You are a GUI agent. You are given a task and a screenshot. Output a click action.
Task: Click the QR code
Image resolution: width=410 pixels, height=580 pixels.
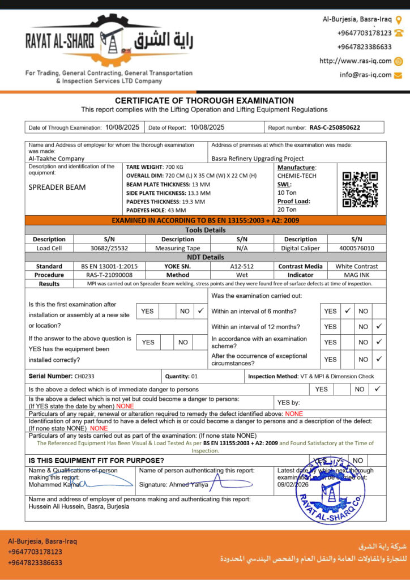360,189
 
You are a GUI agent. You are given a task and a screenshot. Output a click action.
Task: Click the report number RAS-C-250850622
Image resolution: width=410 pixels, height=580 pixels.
335,127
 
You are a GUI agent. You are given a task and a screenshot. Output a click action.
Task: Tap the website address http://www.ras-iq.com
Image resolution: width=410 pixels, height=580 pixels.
355,61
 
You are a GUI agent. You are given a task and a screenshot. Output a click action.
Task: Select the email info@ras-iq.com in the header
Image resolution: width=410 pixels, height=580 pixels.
365,75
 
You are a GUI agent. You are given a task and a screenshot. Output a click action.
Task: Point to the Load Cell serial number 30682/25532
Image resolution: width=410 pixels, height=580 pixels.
109,248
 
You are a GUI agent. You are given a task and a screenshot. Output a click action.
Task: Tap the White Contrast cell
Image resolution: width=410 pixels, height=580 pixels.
356,266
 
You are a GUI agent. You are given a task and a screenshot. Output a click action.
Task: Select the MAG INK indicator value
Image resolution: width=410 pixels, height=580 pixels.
356,275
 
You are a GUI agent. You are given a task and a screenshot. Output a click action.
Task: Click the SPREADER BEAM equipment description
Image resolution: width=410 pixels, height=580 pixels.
57,187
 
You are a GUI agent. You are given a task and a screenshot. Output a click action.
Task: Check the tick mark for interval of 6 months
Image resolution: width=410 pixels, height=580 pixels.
348,311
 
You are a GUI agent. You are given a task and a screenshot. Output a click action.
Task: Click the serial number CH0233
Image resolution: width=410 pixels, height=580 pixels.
84,376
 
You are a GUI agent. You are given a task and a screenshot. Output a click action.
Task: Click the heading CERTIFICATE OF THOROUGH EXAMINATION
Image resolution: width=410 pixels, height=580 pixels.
204,101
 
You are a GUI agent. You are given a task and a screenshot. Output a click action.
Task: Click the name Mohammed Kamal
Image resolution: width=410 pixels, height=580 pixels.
54,485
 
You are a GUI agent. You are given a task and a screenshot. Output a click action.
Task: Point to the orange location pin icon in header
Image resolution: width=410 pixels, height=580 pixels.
399,19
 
